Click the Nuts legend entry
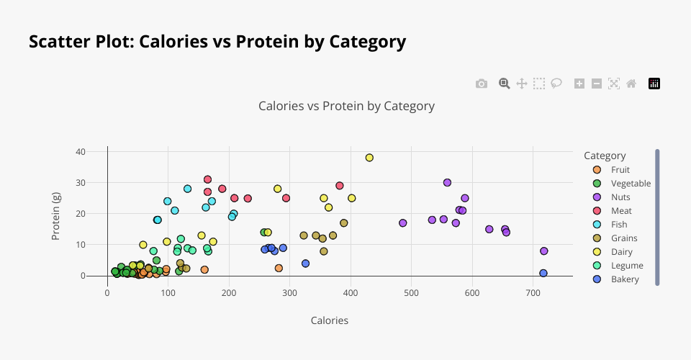click(620, 197)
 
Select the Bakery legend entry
click(624, 279)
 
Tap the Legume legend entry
click(626, 266)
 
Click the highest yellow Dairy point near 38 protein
click(369, 158)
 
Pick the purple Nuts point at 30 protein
click(447, 183)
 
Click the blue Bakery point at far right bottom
click(543, 274)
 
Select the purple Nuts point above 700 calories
click(544, 251)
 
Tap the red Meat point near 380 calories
click(340, 186)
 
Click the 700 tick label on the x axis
click(533, 293)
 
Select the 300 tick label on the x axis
click(290, 293)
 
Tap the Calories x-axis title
click(330, 320)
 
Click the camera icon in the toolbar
click(482, 84)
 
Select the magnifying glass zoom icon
click(505, 84)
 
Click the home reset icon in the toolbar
click(631, 84)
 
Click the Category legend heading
click(605, 156)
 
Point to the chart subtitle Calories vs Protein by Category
click(346, 106)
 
